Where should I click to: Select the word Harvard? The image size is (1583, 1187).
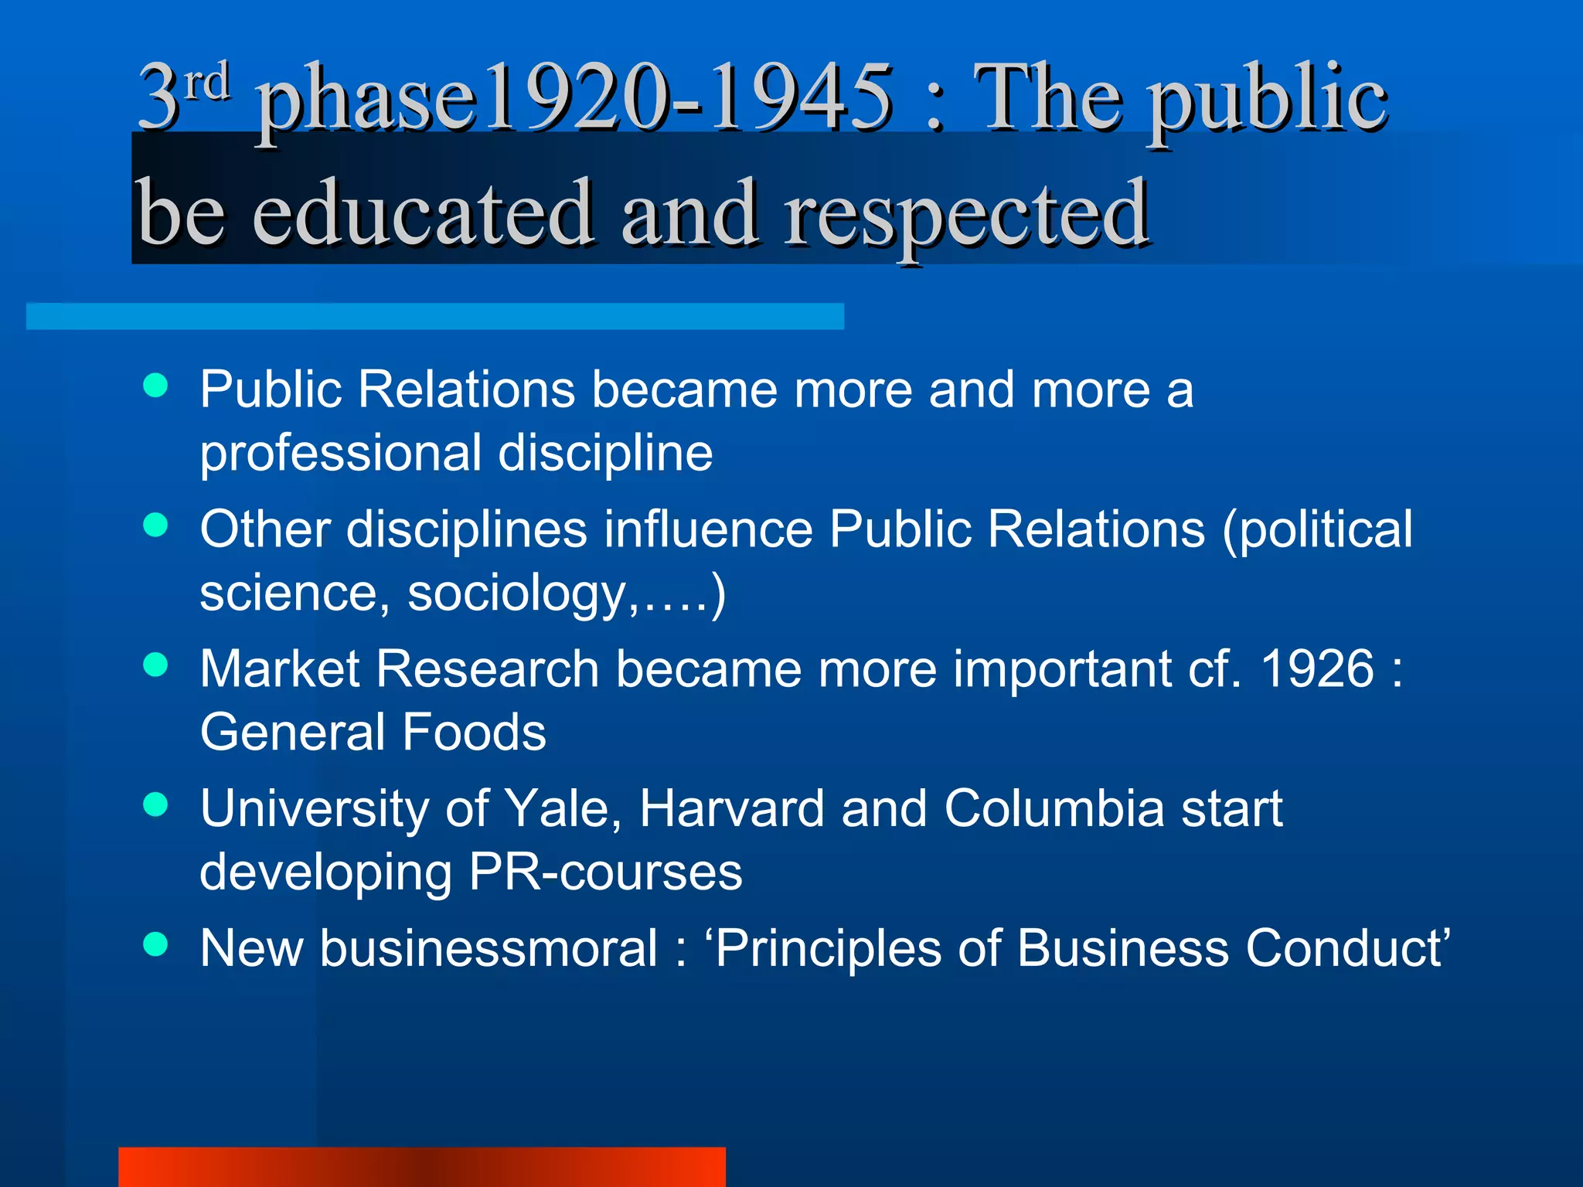[731, 809]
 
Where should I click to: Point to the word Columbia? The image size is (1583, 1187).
[1054, 809]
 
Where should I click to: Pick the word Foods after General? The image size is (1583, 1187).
[474, 733]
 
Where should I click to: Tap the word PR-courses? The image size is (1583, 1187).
[605, 872]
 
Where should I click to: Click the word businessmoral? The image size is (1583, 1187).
[489, 949]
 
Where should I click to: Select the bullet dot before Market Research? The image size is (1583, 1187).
[156, 665]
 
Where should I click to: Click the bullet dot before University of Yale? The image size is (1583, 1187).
[156, 804]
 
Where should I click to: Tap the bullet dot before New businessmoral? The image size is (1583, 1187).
[156, 944]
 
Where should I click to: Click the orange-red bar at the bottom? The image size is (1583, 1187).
[422, 1167]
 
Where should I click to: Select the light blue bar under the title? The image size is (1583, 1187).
[434, 317]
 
